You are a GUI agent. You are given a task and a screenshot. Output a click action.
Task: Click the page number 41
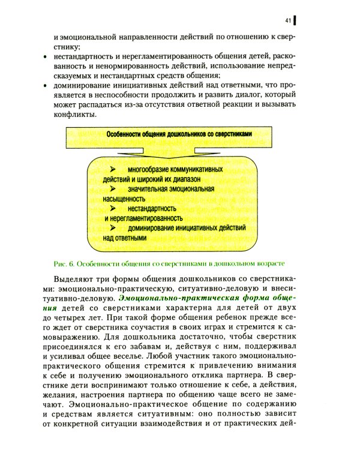click(288, 22)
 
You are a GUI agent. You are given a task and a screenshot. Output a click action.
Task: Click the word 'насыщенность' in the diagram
click(124, 197)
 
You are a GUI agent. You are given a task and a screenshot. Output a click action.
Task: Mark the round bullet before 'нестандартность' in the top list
click(46, 56)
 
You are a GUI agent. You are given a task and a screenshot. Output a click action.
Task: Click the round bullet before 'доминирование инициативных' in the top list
click(46, 85)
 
